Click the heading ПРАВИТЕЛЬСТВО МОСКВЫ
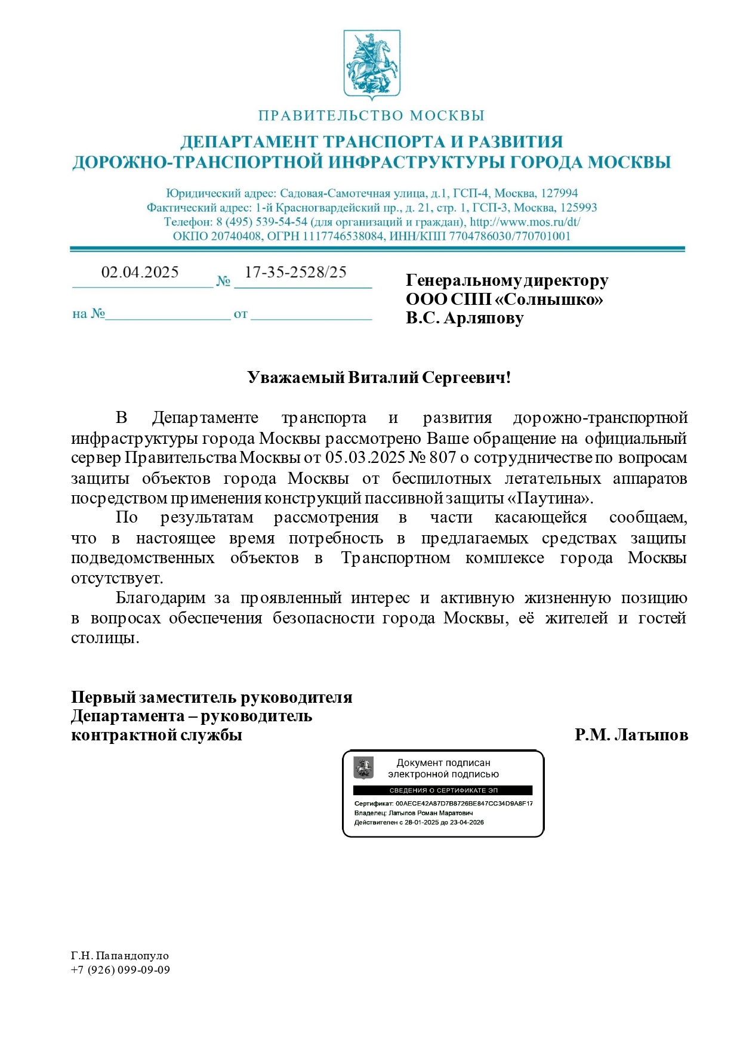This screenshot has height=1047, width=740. tap(371, 116)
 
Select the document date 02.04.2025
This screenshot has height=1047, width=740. tap(140, 273)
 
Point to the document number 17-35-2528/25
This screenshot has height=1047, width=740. tap(295, 273)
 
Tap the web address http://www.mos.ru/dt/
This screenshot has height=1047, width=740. tap(525, 222)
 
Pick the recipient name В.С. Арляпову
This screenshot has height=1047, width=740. tap(465, 318)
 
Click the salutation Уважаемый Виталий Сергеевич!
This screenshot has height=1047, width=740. tap(379, 378)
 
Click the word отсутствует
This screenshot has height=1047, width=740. tap(117, 578)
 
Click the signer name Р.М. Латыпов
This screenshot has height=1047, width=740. tap(631, 735)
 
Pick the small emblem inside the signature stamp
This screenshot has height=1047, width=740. tap(363, 768)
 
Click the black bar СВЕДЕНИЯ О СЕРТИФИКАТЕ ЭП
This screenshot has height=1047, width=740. tap(443, 790)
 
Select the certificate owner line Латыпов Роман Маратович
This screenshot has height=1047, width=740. tap(431, 813)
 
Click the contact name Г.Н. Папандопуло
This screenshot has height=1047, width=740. tap(120, 956)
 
